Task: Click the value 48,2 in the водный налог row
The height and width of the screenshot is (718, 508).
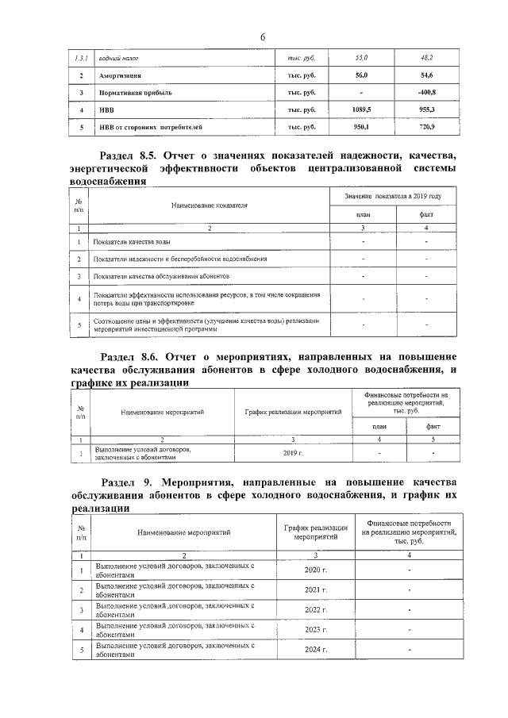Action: [x=426, y=59]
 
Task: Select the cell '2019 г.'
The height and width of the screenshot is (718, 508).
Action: [x=293, y=453]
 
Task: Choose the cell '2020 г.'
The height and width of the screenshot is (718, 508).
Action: [x=316, y=570]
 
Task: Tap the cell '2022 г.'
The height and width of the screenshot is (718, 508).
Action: [x=316, y=610]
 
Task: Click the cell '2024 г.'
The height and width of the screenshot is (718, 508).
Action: [x=316, y=650]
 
